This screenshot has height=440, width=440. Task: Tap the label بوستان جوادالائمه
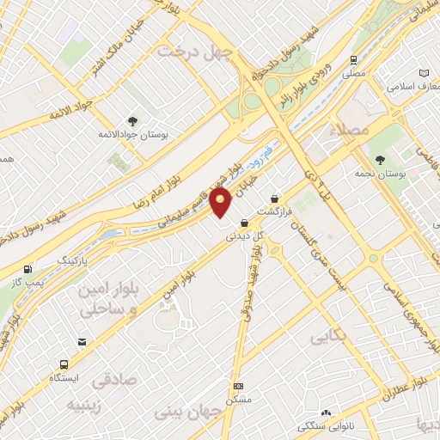[x=134, y=136]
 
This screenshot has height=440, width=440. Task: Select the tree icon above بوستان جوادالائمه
[x=132, y=121]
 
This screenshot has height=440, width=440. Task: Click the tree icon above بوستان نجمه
[x=380, y=159]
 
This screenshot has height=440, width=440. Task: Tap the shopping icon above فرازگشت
[x=275, y=197]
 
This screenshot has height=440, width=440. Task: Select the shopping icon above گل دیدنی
[x=244, y=223]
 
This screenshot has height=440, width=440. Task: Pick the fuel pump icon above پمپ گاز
[x=31, y=268]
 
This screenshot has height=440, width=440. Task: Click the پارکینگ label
[x=72, y=258]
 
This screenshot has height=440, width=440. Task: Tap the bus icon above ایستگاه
[x=64, y=364]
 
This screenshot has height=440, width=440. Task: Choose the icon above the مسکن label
[x=238, y=386]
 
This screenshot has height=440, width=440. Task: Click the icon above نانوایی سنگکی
[x=325, y=413]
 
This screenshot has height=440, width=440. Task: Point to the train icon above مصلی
[x=353, y=60]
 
